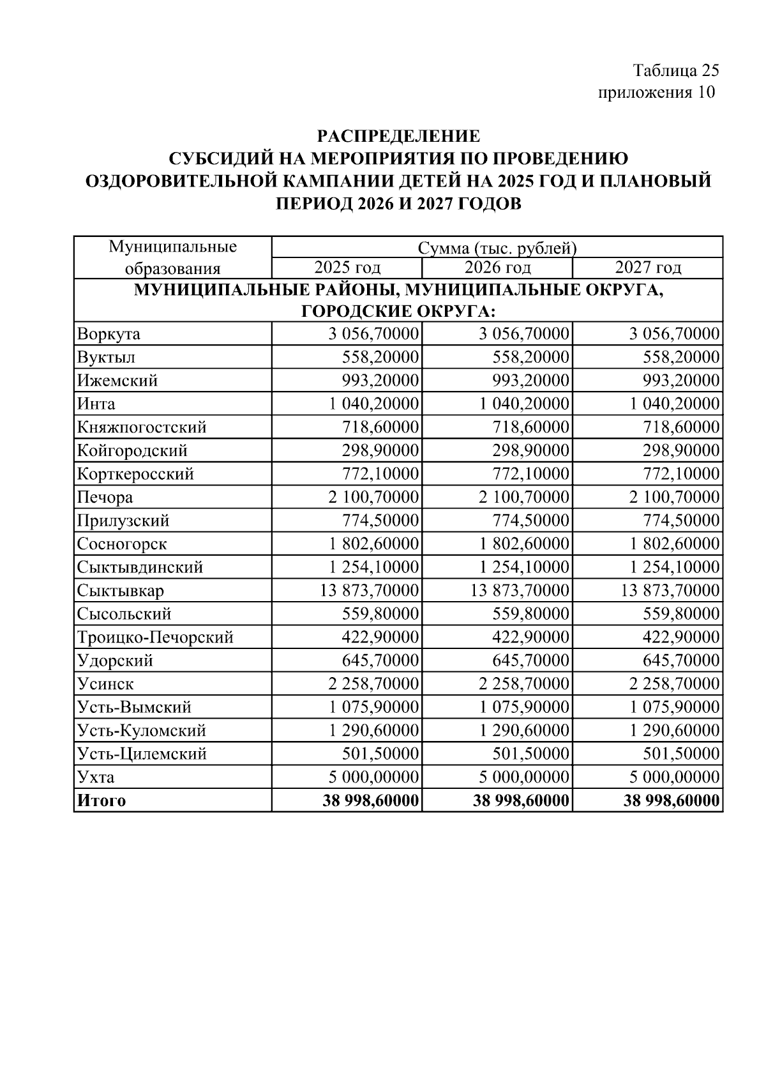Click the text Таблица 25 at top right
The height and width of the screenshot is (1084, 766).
pos(675,70)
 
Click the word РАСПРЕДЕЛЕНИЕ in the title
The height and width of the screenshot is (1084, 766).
pos(398,135)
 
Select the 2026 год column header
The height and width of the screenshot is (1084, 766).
pos(497,267)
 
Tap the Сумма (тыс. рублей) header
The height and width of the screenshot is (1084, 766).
pos(497,247)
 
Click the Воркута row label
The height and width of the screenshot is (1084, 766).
pos(109,334)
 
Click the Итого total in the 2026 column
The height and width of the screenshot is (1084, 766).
pos(520,800)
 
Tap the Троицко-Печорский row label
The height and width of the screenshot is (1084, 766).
pos(155,637)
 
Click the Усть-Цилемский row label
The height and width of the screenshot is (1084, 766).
pos(142,754)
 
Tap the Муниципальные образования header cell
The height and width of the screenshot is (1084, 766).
pos(172,257)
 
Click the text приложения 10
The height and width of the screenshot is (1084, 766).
pos(656,93)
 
